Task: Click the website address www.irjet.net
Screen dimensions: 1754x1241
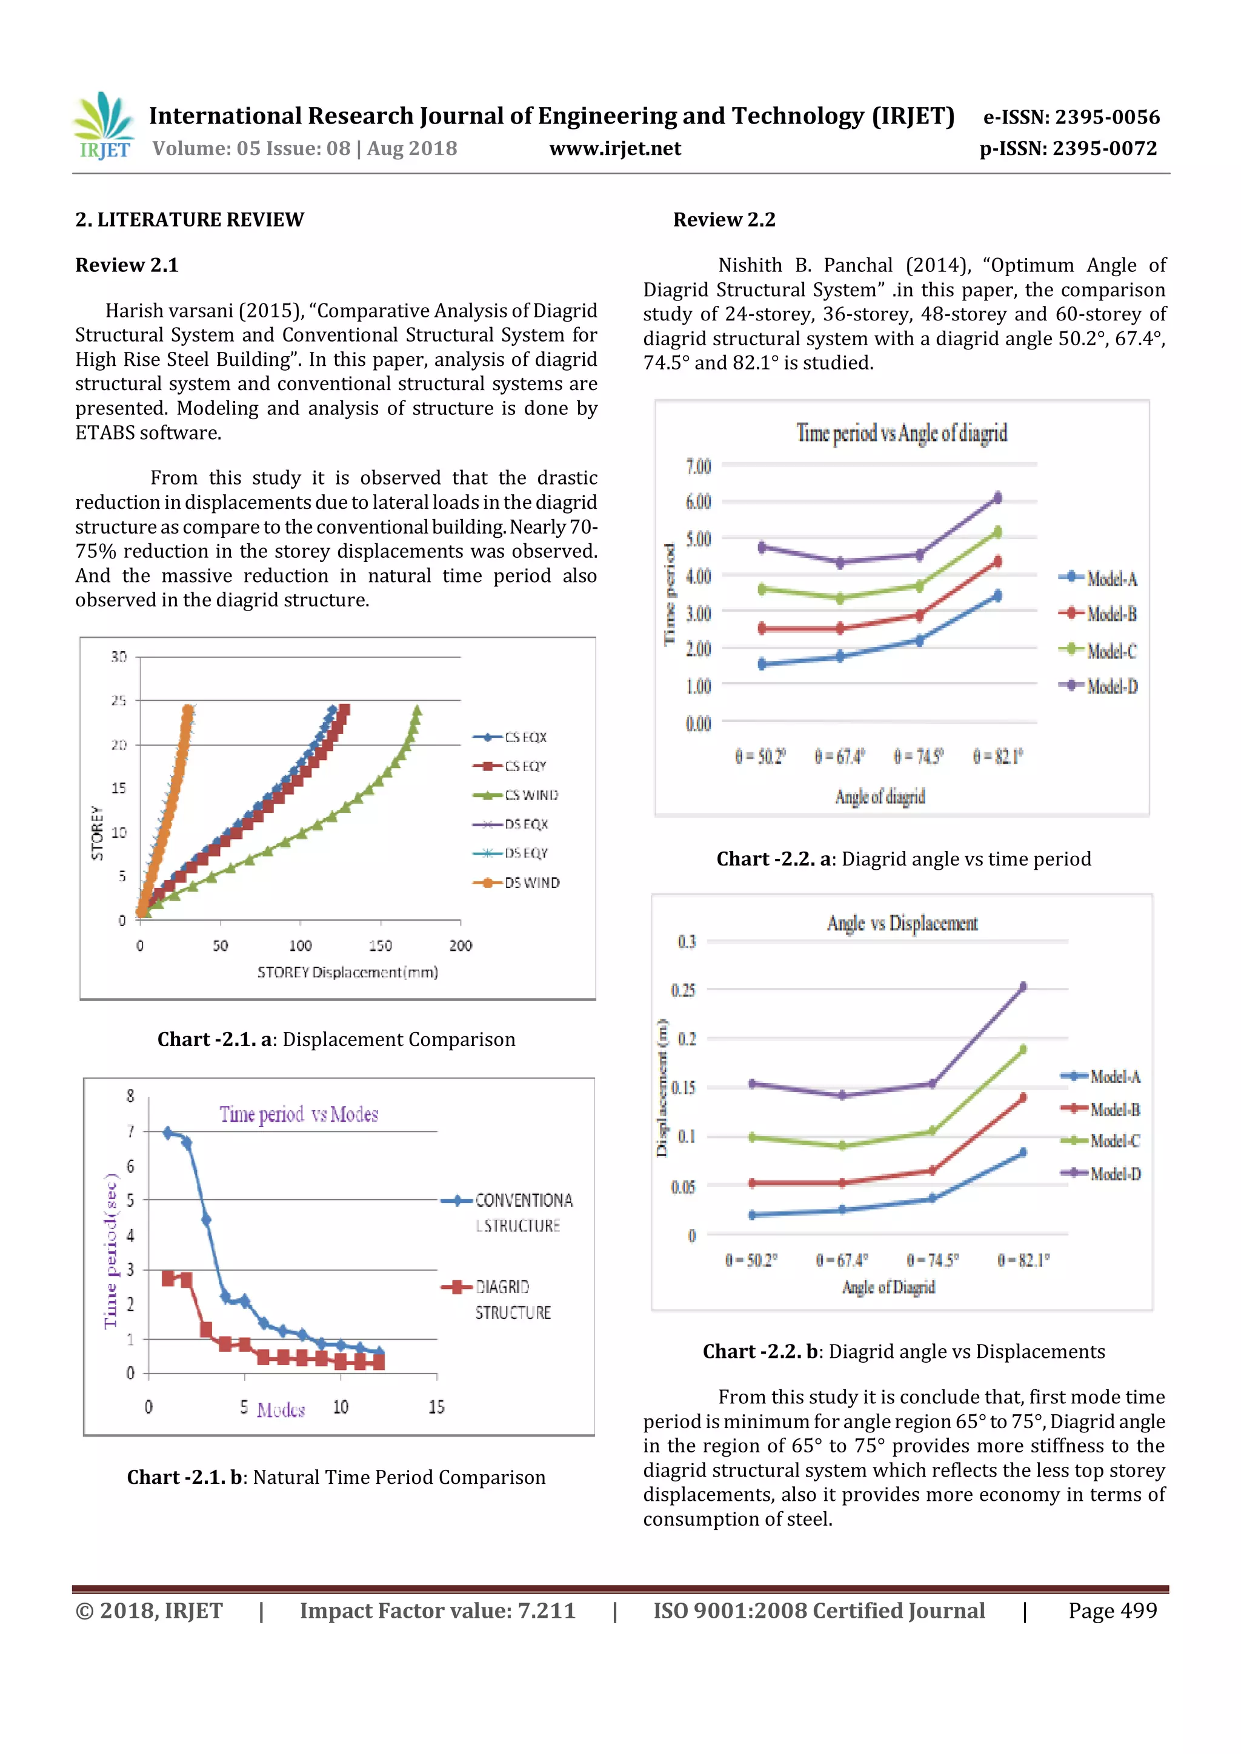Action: [x=614, y=148]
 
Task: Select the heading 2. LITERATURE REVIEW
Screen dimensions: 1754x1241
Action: [x=190, y=220]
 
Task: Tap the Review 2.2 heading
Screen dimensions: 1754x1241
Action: [x=724, y=220]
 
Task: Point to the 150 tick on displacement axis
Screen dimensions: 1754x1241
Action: [x=380, y=946]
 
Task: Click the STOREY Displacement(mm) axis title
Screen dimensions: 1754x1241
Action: [x=347, y=973]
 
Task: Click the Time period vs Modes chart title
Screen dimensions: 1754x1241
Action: [x=299, y=1114]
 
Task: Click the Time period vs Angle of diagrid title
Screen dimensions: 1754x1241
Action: [x=901, y=433]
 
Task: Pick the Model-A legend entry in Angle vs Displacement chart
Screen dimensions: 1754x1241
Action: [x=1101, y=1076]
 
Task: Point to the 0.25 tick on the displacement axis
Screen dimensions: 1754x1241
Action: [x=683, y=990]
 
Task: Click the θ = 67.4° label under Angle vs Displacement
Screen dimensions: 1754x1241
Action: [x=841, y=1260]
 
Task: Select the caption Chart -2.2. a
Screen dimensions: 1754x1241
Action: [x=903, y=859]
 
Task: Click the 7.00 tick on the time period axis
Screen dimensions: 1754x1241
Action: [x=697, y=466]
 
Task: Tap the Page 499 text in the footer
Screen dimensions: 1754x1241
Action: [x=1112, y=1610]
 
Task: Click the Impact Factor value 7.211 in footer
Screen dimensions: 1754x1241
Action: [x=437, y=1610]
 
